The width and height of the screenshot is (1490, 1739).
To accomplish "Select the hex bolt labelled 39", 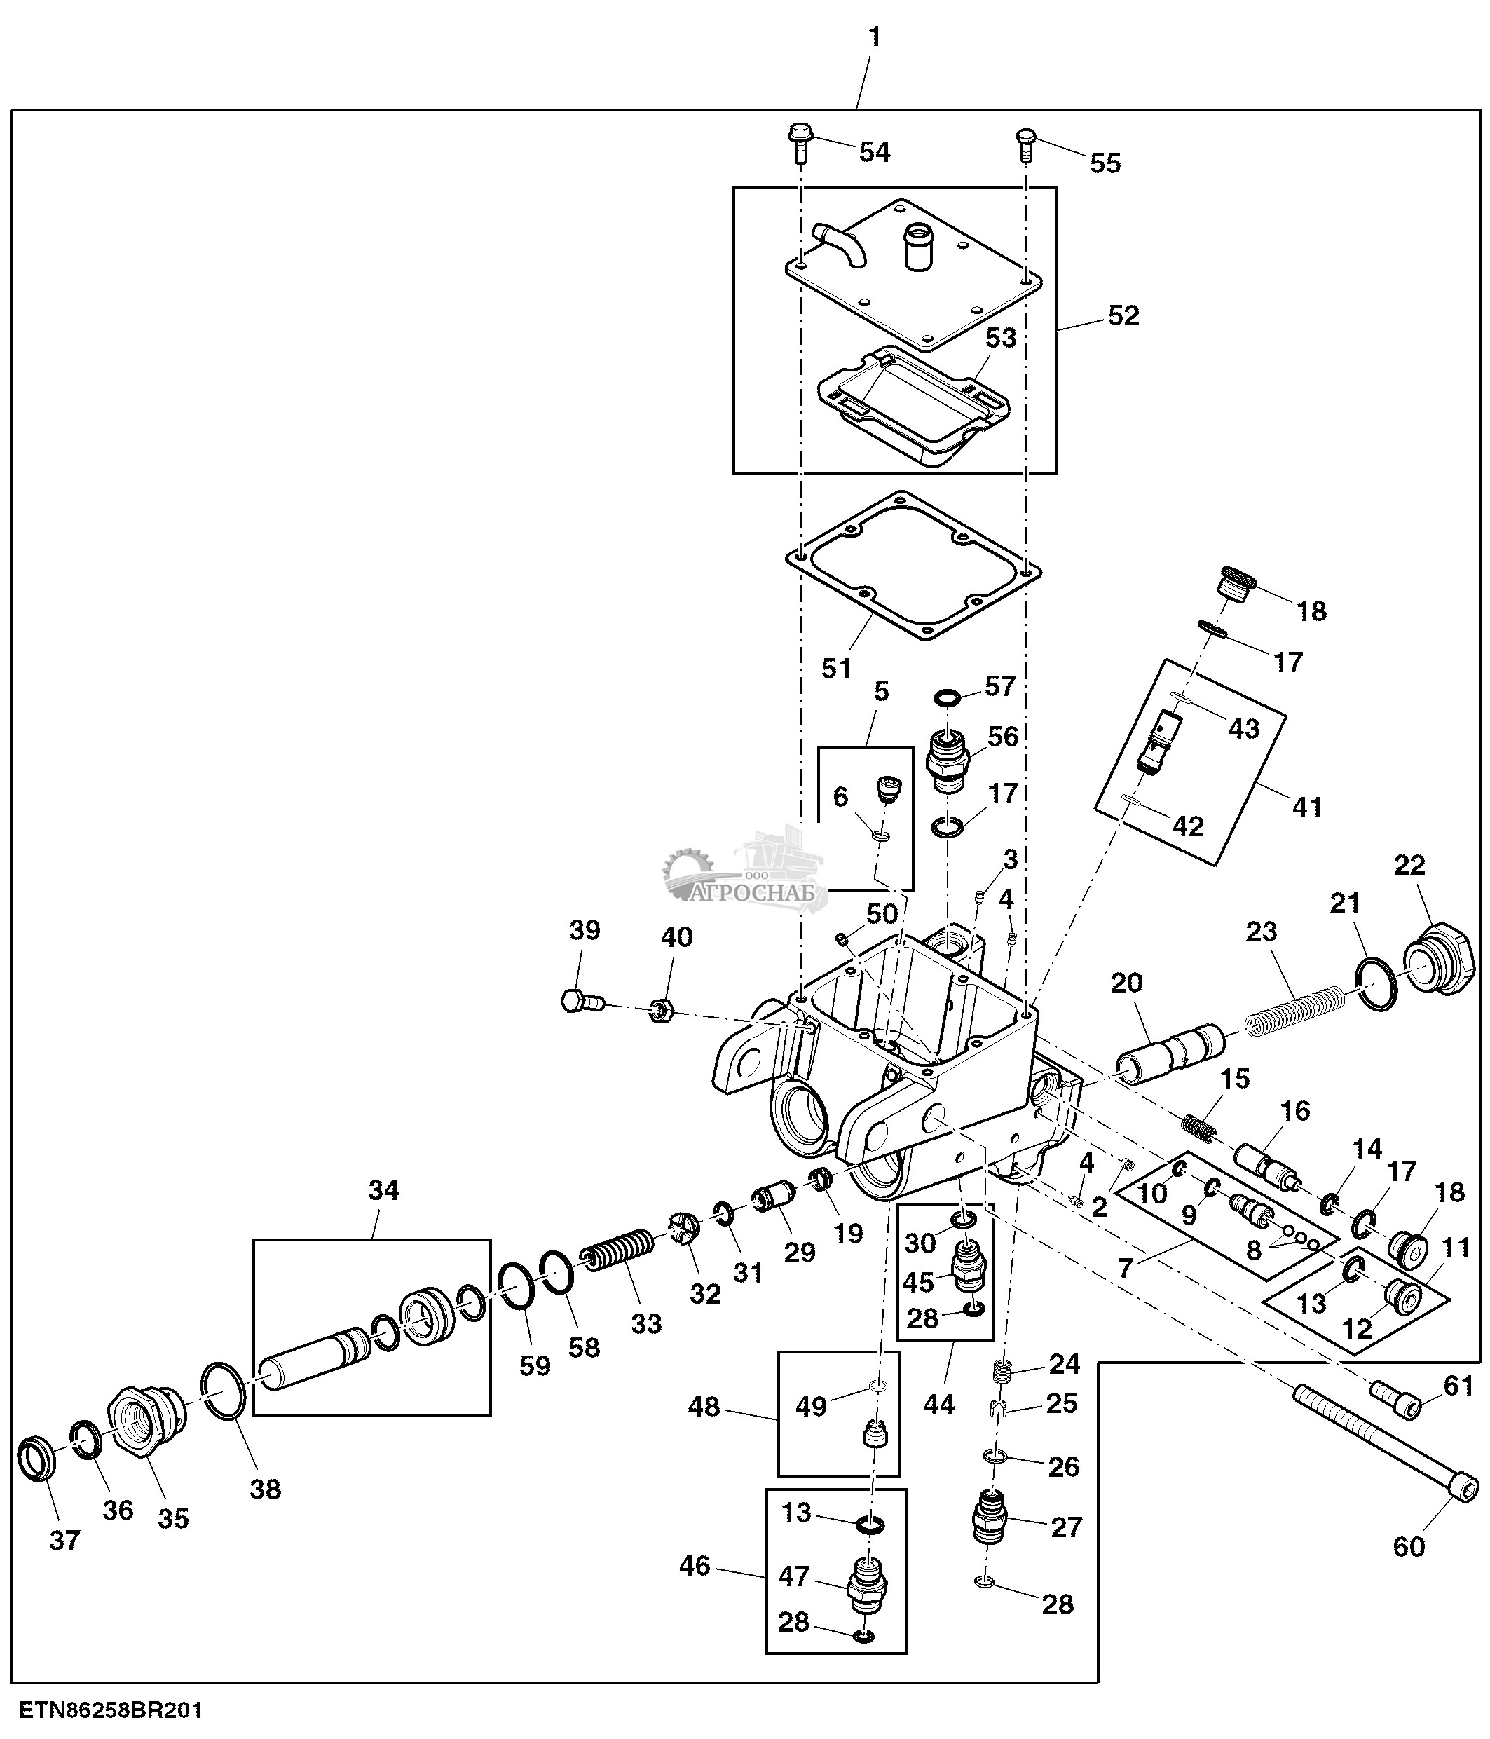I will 580,1000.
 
